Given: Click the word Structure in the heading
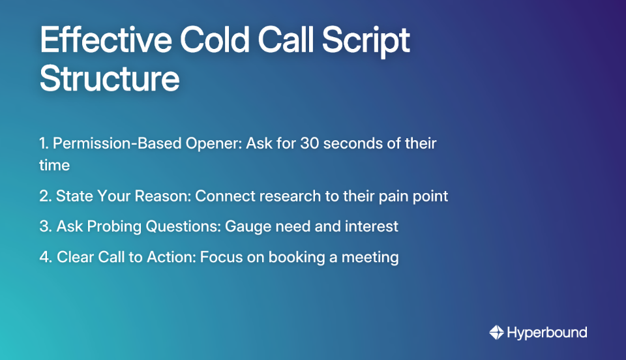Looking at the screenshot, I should [110, 78].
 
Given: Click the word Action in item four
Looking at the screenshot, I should [169, 257].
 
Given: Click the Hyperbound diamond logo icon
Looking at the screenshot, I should [497, 333].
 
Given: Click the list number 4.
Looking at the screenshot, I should [44, 257].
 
